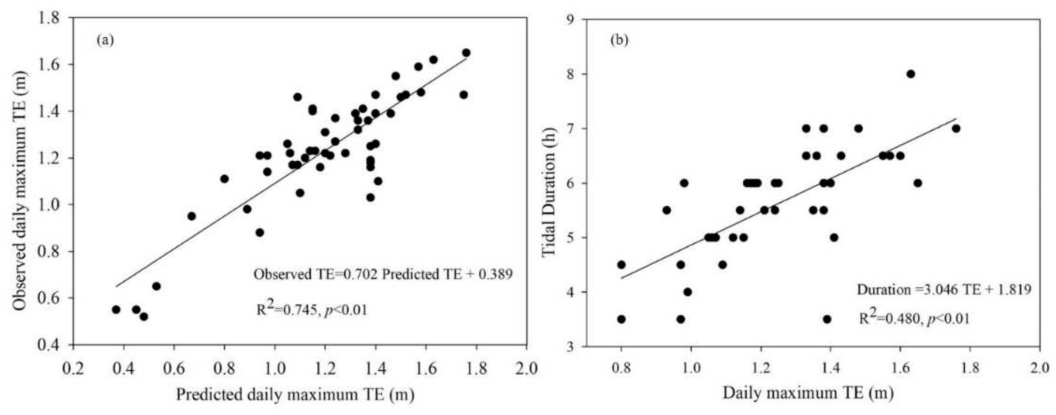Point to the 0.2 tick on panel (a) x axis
pyautogui.click(x=74, y=368)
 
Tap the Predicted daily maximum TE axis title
pyautogui.click(x=295, y=395)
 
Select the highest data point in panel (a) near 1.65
pyautogui.click(x=466, y=53)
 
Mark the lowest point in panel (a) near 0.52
pyautogui.click(x=144, y=316)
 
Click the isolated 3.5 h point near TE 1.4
pyautogui.click(x=827, y=319)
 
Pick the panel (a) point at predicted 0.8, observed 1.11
pyautogui.click(x=224, y=179)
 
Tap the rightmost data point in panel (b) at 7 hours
pyautogui.click(x=956, y=129)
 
